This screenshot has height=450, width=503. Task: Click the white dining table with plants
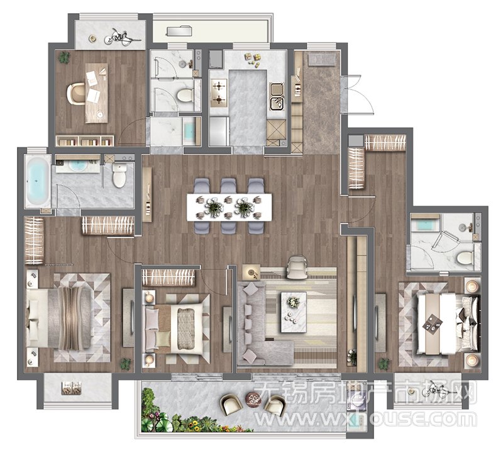(229, 207)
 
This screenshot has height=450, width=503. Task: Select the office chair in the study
(75, 94)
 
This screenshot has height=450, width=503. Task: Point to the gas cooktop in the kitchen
(219, 93)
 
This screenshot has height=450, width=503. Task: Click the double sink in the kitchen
(277, 96)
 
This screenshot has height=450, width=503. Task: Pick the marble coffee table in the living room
(294, 312)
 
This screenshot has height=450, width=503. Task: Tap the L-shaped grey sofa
(260, 324)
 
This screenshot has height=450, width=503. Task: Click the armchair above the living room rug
(297, 267)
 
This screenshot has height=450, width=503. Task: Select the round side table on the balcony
(254, 400)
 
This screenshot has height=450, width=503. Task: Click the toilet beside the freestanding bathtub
(119, 176)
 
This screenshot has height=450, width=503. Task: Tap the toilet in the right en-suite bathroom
(464, 258)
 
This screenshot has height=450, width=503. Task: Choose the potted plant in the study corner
(64, 58)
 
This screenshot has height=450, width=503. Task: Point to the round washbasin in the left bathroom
(77, 165)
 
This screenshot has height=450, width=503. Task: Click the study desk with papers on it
(97, 93)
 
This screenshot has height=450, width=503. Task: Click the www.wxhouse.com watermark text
(367, 419)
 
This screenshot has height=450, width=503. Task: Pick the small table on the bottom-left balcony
(72, 388)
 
